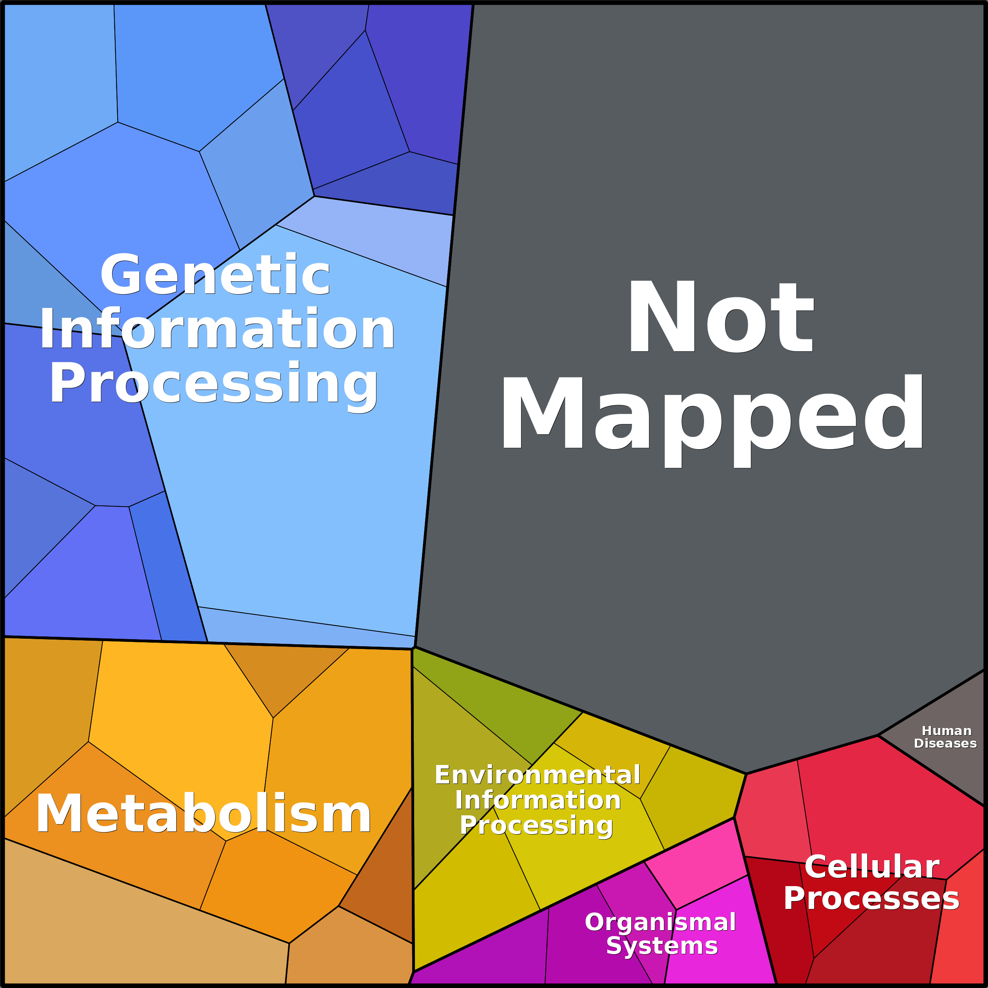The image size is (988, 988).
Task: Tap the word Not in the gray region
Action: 721,317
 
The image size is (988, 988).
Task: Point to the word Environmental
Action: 538,775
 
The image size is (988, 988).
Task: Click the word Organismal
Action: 660,922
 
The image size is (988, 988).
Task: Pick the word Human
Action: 947,731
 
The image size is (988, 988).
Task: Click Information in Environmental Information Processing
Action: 538,800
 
